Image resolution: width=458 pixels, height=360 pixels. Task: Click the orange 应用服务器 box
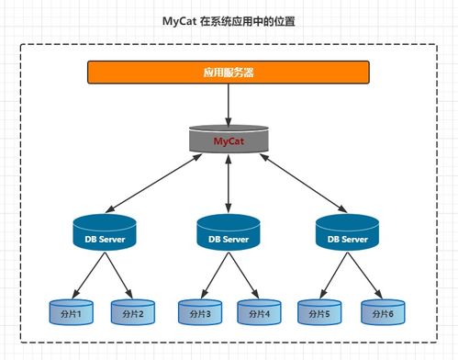228,72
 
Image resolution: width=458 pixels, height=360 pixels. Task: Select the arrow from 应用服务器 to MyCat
228,104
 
